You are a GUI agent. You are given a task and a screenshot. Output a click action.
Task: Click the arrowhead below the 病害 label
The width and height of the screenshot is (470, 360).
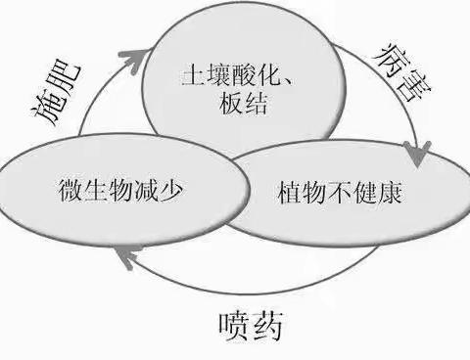[418, 155]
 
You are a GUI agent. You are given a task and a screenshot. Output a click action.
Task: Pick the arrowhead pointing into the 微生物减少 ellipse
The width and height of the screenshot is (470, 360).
[122, 256]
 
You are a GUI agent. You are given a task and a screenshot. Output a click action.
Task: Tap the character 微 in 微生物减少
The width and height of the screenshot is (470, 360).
[56, 189]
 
